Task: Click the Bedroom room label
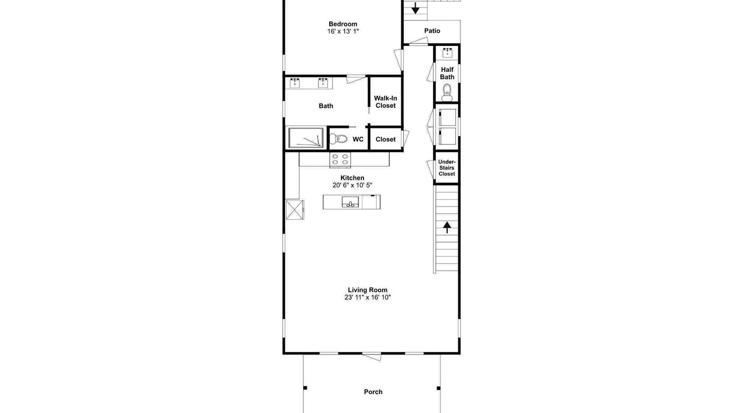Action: [343, 24]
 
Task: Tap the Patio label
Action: [432, 31]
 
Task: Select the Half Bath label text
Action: [447, 73]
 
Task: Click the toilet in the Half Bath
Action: [447, 93]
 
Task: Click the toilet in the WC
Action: [338, 139]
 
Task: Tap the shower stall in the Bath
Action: [306, 138]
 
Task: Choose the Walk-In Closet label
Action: [385, 102]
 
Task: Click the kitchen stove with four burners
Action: [340, 160]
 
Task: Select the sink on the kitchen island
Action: [350, 202]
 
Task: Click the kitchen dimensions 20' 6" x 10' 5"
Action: [352, 185]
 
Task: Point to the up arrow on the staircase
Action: [447, 227]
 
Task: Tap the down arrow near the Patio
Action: [415, 8]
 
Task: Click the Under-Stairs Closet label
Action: [447, 168]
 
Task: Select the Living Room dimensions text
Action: [368, 297]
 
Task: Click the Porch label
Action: [373, 392]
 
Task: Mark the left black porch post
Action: [305, 388]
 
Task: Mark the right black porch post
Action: [439, 388]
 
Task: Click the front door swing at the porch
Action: [372, 357]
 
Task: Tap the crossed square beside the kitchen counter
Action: [295, 210]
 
